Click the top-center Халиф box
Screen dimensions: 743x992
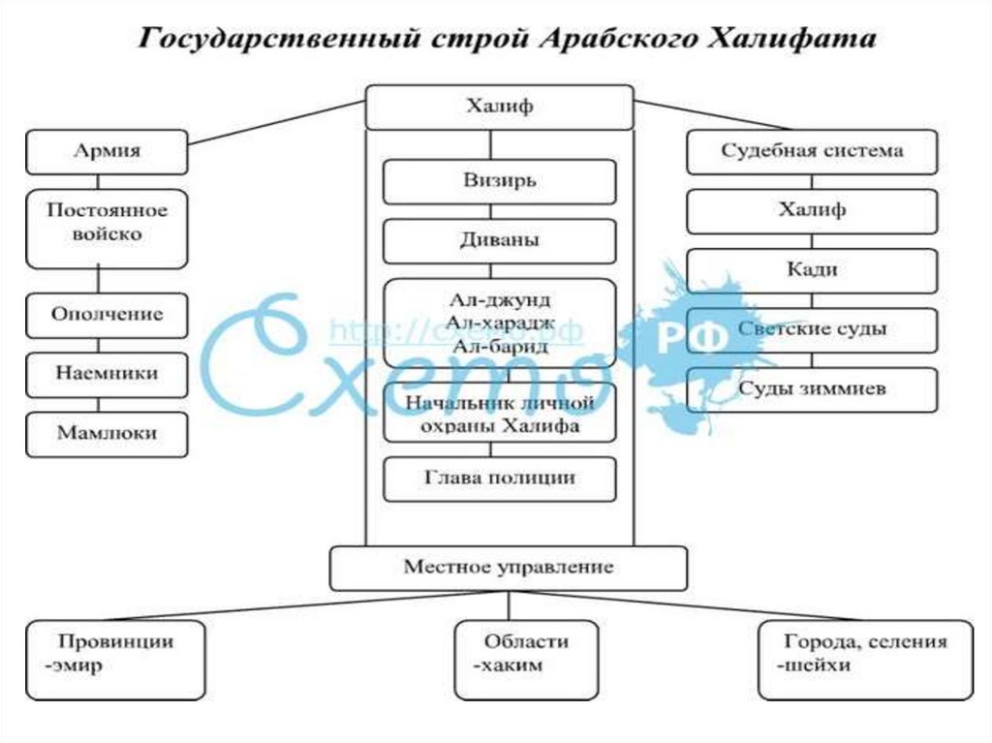pyautogui.click(x=499, y=107)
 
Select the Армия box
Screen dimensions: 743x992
pyautogui.click(x=107, y=151)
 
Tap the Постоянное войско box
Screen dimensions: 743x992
pyautogui.click(x=107, y=228)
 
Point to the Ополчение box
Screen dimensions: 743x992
pyautogui.click(x=107, y=315)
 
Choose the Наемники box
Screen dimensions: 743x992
pyautogui.click(x=107, y=373)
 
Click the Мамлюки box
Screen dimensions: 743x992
pyautogui.click(x=107, y=433)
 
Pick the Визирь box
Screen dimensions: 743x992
pyautogui.click(x=499, y=181)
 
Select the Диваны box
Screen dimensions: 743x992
pyautogui.click(x=499, y=241)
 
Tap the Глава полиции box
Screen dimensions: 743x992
pyautogui.click(x=499, y=479)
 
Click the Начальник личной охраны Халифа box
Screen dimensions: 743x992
pyautogui.click(x=499, y=413)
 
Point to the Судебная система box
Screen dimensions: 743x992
pyautogui.click(x=812, y=151)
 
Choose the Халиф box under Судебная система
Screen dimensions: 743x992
pyautogui.click(x=812, y=210)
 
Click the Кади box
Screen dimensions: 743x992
pyautogui.click(x=812, y=270)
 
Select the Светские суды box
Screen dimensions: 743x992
pyautogui.click(x=812, y=329)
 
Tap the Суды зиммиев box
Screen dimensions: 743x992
pyautogui.click(x=812, y=389)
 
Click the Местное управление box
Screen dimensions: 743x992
pyautogui.click(x=509, y=568)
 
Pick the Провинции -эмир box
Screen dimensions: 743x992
pyautogui.click(x=115, y=659)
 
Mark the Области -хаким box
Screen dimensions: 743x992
pyautogui.click(x=526, y=659)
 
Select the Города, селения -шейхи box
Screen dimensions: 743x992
pyautogui.click(x=866, y=659)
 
